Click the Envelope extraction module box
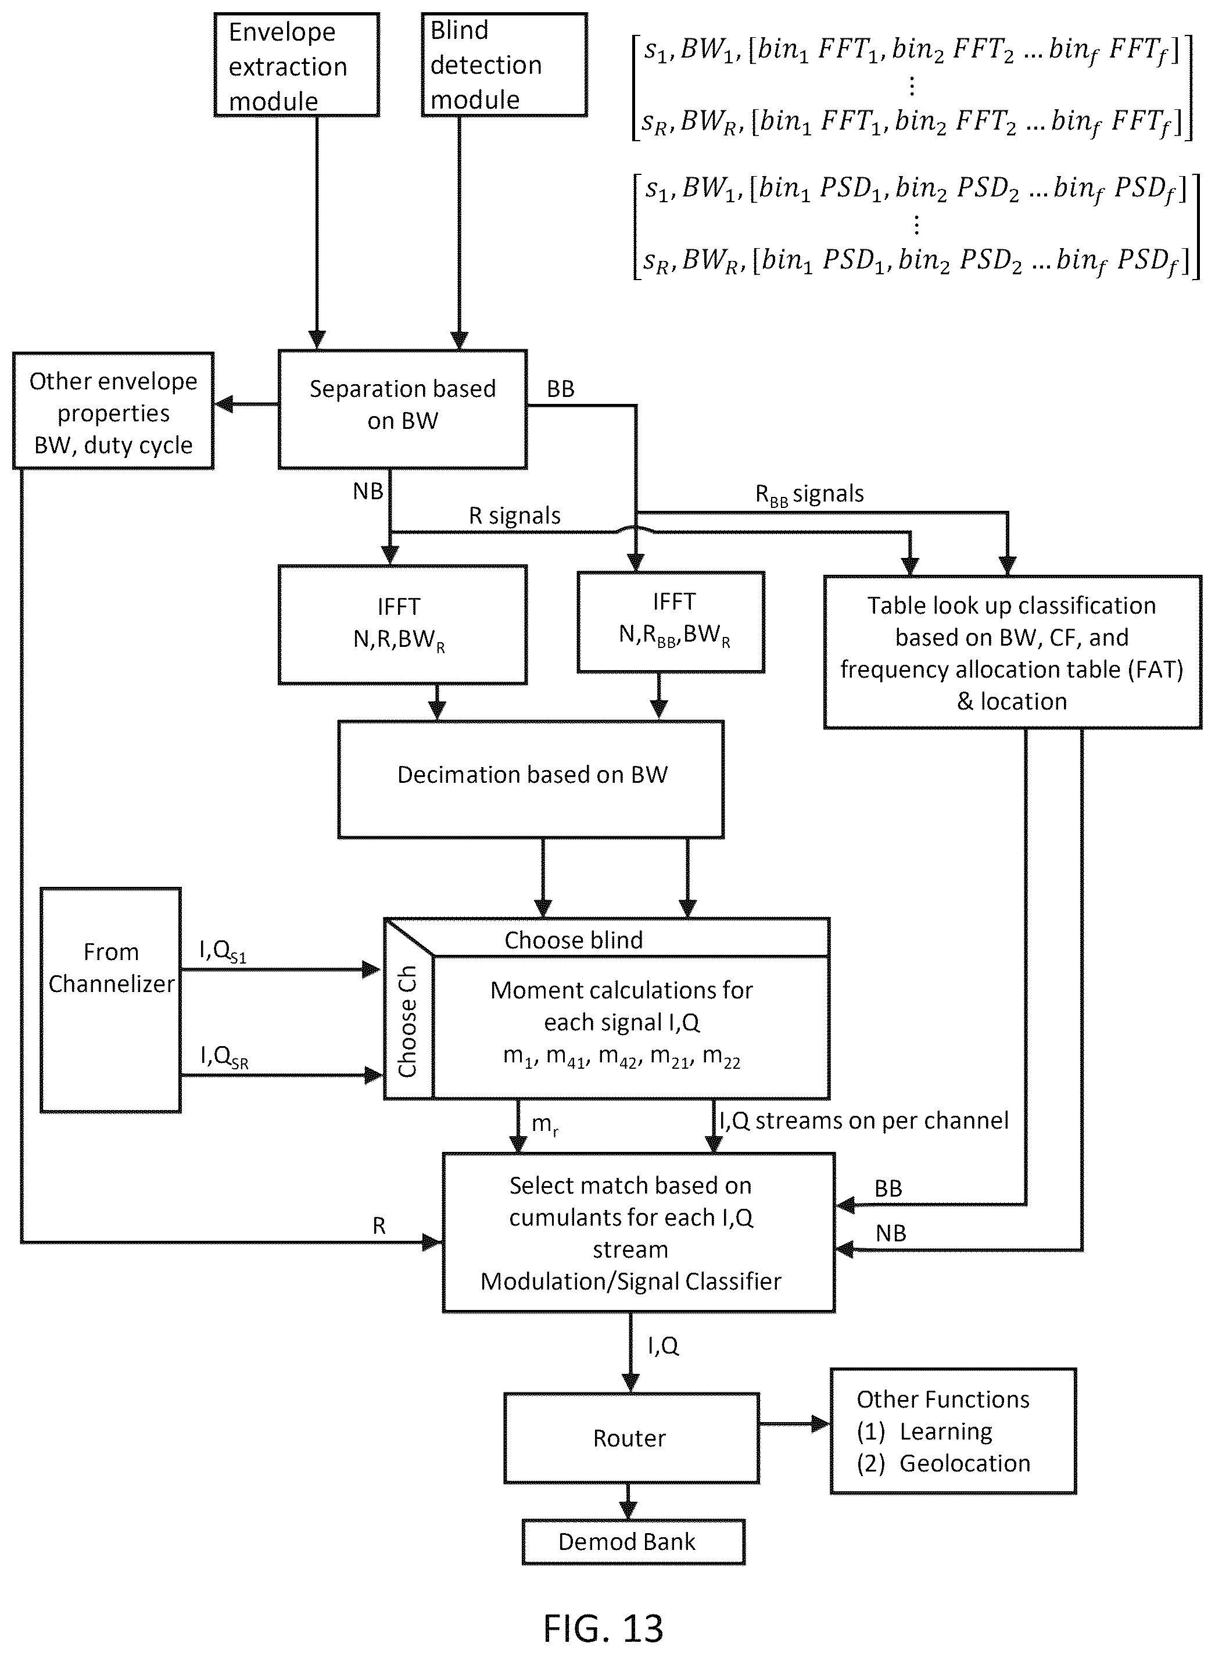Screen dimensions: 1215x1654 [296, 65]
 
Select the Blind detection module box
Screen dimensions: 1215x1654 [504, 65]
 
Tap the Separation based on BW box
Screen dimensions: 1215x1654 [402, 409]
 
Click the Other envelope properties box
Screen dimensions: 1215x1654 [113, 410]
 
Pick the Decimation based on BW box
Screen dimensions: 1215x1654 [531, 779]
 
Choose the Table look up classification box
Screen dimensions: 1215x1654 [1013, 651]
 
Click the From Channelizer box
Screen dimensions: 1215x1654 [110, 1000]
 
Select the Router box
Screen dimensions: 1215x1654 [631, 1438]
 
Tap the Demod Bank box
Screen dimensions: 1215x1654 [633, 1541]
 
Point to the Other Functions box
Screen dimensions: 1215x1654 [953, 1430]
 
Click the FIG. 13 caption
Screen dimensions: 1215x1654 [603, 1627]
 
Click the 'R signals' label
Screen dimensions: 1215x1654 [515, 515]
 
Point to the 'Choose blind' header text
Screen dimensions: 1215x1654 [574, 940]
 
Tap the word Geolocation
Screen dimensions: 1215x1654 [964, 1463]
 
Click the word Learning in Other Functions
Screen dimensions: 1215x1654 [946, 1431]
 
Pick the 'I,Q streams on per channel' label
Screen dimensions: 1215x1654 [863, 1120]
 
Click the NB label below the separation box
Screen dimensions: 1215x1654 [368, 491]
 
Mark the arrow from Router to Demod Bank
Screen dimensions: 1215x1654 [628, 1501]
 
